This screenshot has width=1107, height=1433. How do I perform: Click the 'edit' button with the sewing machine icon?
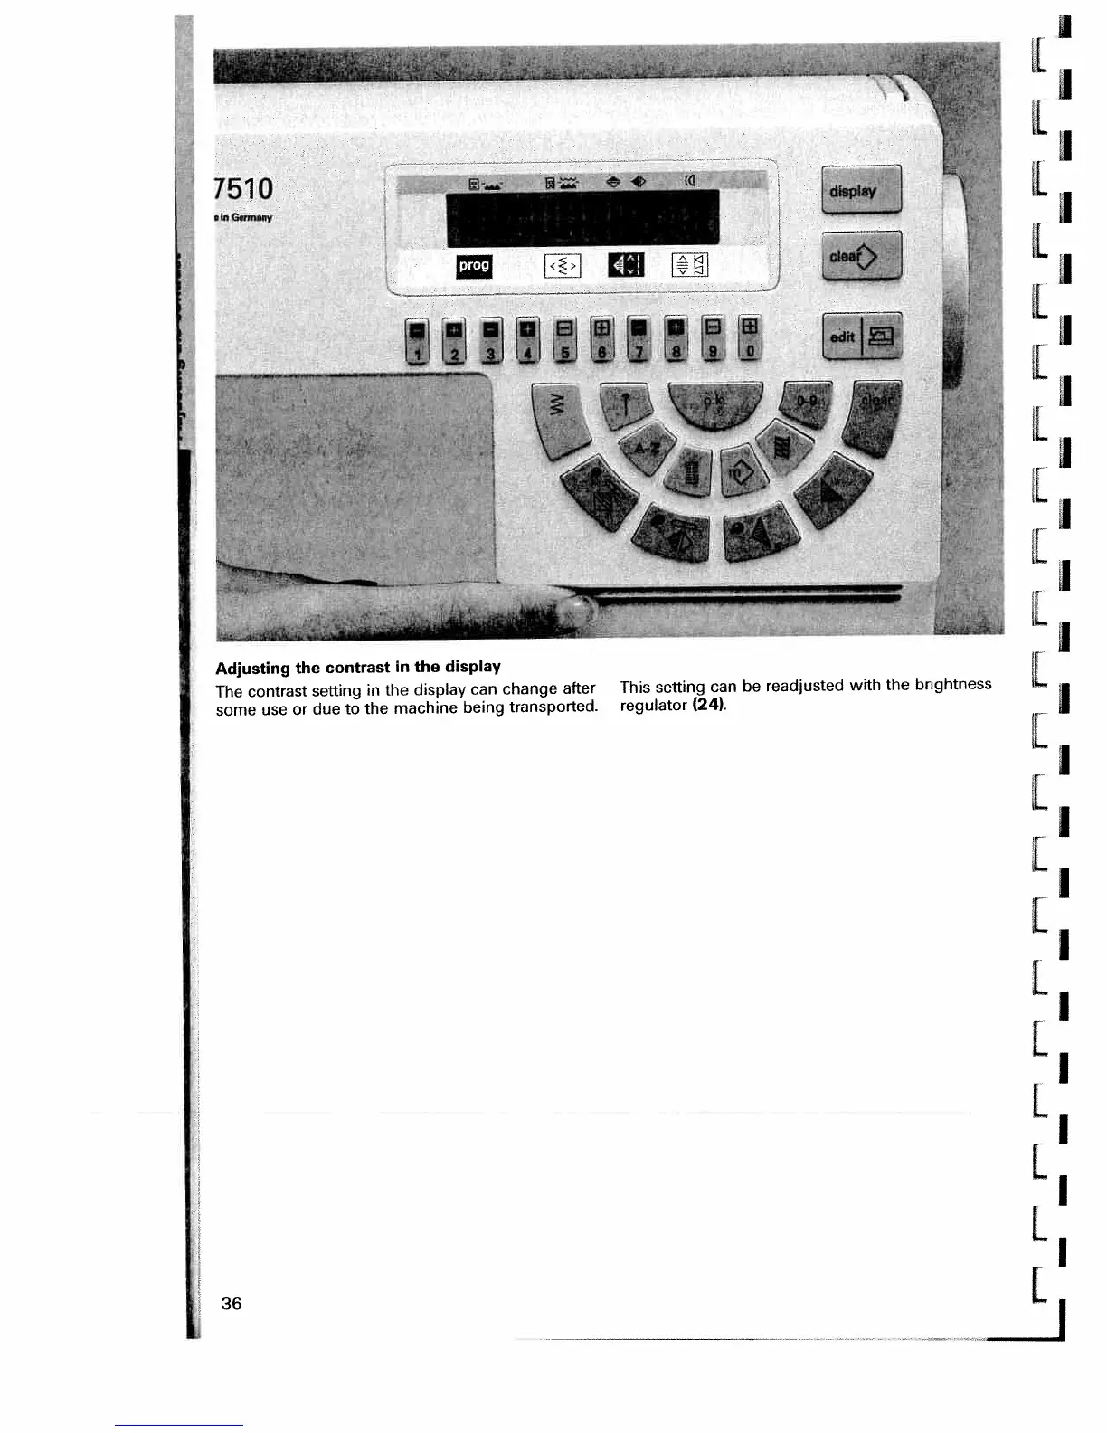[x=861, y=337]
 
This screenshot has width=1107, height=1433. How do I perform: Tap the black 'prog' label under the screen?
[x=474, y=265]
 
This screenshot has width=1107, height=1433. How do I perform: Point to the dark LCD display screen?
[x=582, y=217]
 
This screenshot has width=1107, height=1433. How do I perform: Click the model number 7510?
[x=243, y=188]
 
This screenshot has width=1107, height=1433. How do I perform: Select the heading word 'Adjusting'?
[x=252, y=668]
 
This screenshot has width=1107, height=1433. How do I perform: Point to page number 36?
[x=232, y=1303]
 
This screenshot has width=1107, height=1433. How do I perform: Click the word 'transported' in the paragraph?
[x=553, y=707]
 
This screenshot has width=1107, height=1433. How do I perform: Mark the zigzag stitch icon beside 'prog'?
[x=562, y=266]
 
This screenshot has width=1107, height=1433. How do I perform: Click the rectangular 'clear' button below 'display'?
[x=861, y=257]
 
